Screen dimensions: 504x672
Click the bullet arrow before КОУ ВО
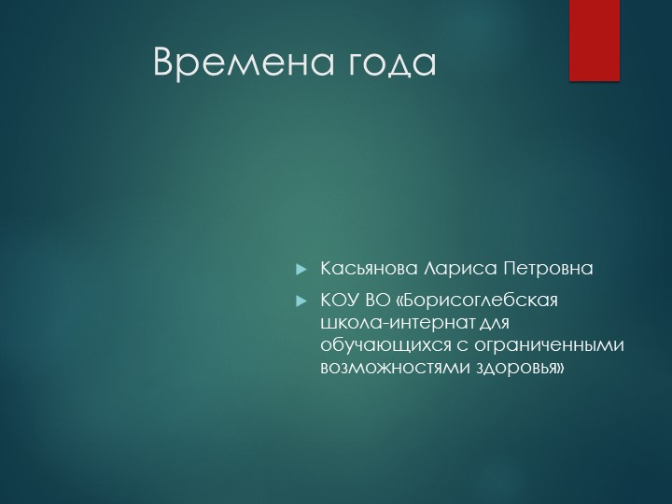coord(301,301)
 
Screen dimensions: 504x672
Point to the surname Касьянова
coord(370,269)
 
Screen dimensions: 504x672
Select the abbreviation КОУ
coord(339,301)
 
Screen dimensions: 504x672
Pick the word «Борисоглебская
coord(477,301)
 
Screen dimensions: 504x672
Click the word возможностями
coord(378,368)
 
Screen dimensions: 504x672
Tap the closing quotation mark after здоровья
coord(561,368)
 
